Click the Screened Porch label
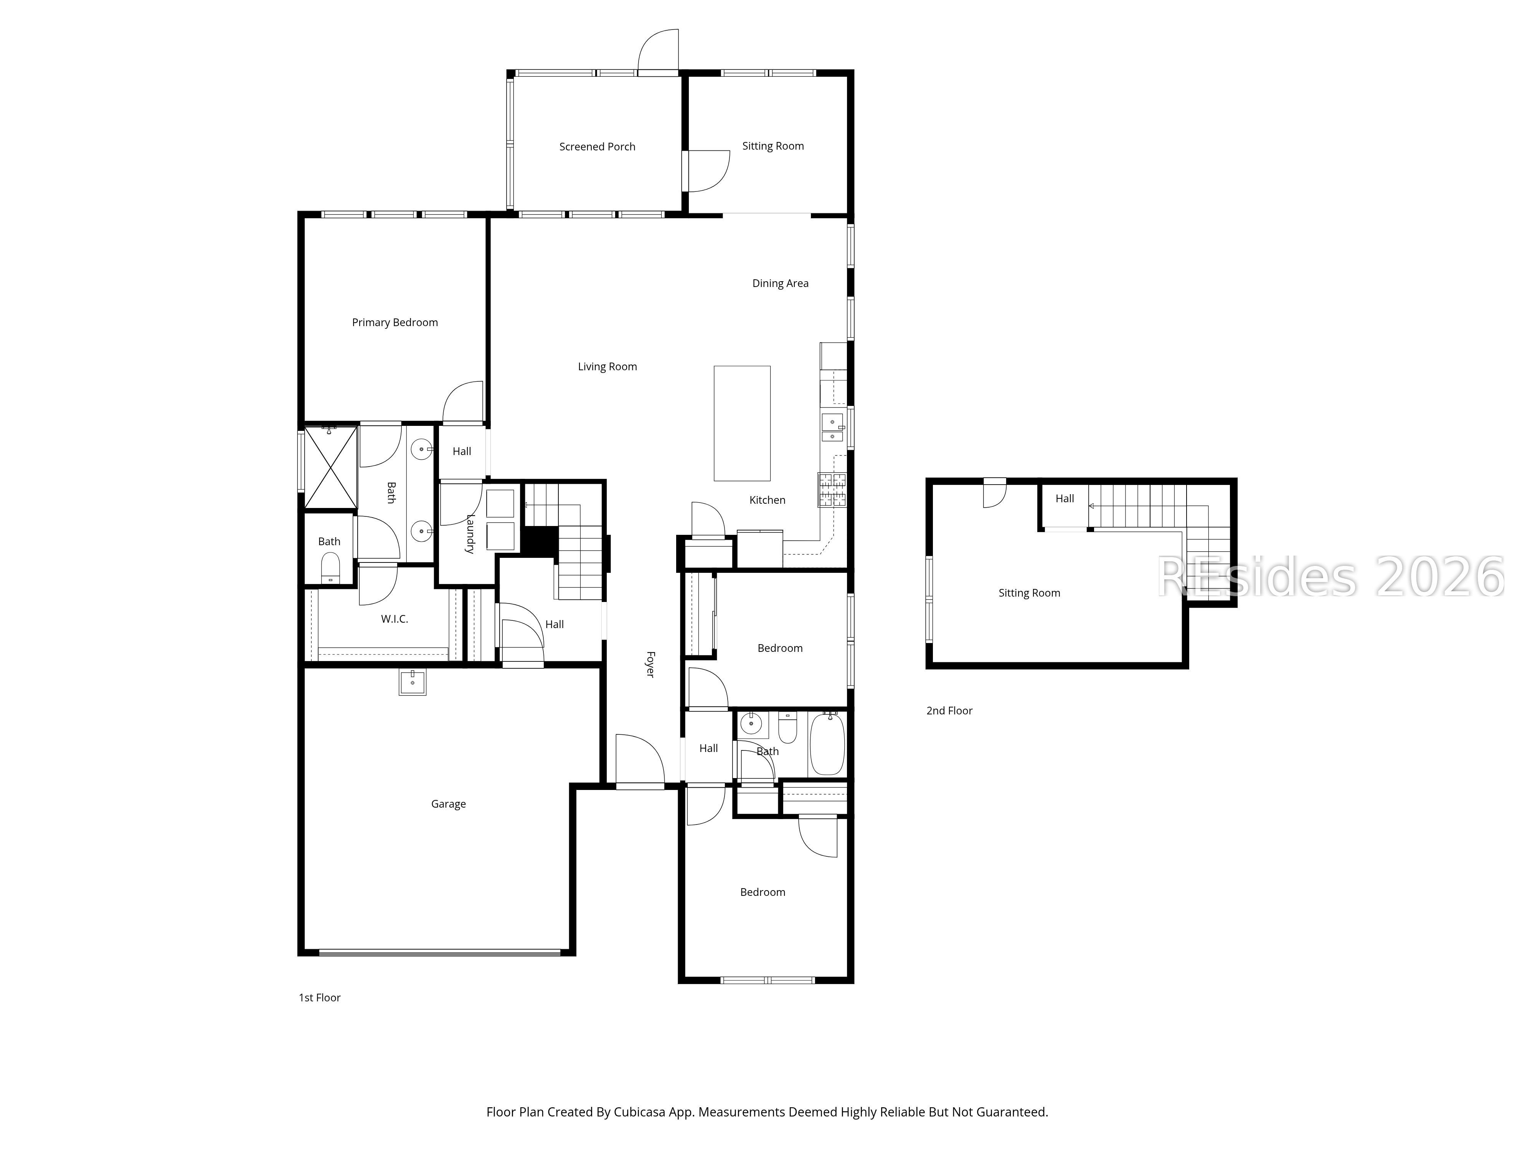[x=597, y=147]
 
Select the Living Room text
[x=607, y=366]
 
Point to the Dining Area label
[x=780, y=283]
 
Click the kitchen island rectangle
[x=742, y=423]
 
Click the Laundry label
[x=470, y=534]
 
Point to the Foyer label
[x=650, y=664]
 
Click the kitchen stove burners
[x=832, y=490]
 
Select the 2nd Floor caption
[x=949, y=711]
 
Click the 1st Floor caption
[x=319, y=998]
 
